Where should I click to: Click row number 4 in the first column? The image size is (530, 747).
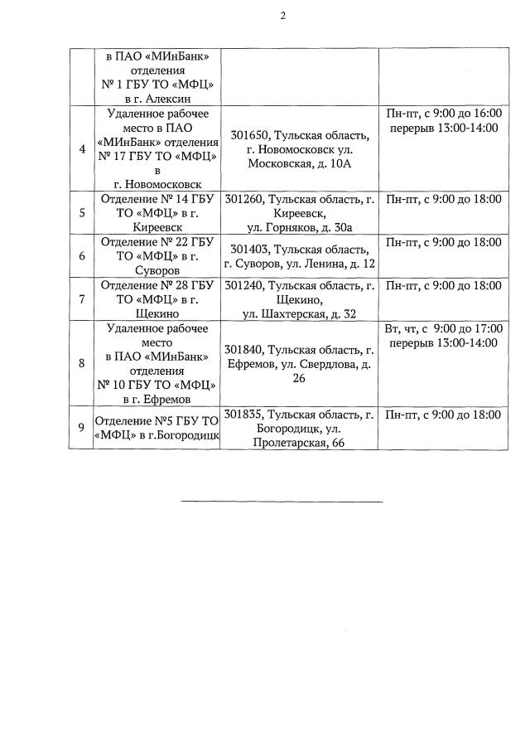click(82, 149)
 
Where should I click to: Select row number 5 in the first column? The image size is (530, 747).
click(82, 212)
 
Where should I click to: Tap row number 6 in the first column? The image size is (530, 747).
click(82, 256)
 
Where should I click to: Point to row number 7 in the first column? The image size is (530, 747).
click(82, 299)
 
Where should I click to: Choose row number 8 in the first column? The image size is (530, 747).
click(82, 362)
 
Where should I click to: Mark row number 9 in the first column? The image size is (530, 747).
click(82, 428)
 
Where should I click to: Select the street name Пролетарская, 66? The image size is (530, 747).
click(300, 444)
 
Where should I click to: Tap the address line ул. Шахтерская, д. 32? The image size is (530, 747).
click(300, 314)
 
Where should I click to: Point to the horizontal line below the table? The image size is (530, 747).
click(282, 501)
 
